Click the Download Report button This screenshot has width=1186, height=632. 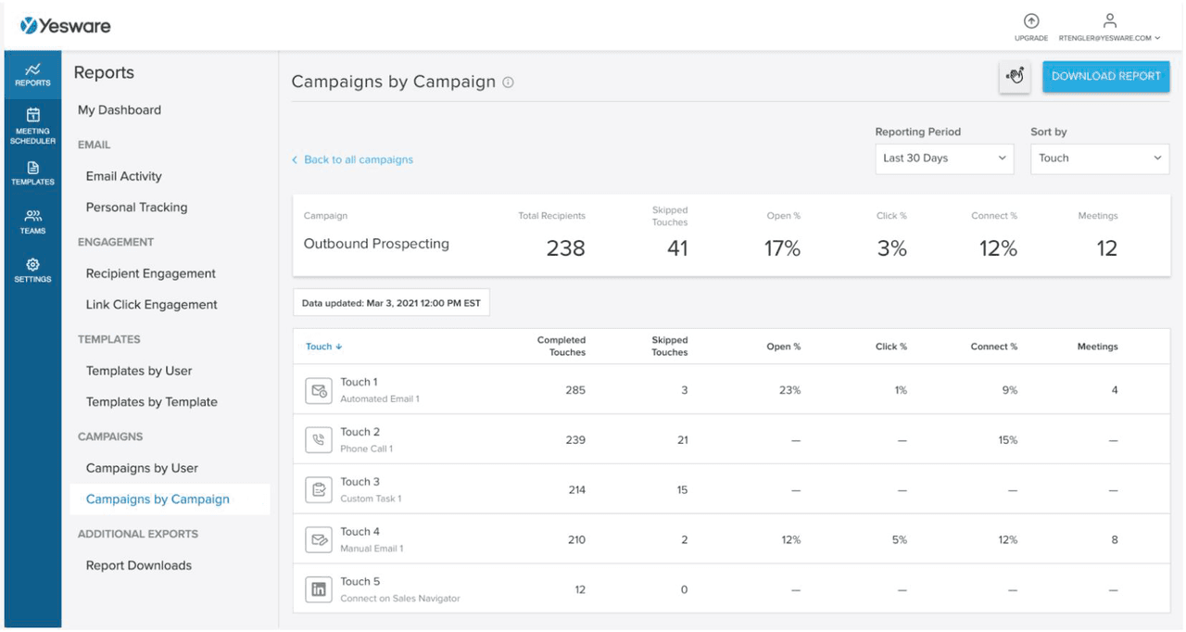(x=1105, y=77)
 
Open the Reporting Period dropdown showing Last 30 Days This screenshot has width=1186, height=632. (x=944, y=158)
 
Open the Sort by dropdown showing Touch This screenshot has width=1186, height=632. (x=1099, y=158)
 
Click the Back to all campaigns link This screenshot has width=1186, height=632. (x=353, y=160)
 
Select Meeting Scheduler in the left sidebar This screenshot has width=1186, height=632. (x=32, y=125)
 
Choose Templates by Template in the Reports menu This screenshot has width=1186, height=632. (x=152, y=402)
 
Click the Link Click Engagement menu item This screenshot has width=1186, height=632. (x=152, y=305)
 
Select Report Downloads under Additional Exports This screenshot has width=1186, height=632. (x=139, y=566)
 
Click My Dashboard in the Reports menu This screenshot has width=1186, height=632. (x=120, y=110)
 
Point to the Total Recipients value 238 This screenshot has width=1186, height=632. (x=565, y=248)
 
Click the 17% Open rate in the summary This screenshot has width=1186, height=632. (x=782, y=248)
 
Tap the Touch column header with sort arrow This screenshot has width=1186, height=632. (x=324, y=347)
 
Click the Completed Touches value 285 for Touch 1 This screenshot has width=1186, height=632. (x=575, y=390)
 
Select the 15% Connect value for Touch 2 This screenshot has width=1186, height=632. (x=1007, y=440)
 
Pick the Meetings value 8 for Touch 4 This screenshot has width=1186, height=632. (x=1115, y=540)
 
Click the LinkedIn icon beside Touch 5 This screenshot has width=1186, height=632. (x=319, y=589)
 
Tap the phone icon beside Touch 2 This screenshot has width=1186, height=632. (x=319, y=440)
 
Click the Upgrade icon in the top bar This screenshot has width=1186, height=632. (x=1031, y=22)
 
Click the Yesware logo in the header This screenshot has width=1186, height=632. (x=66, y=26)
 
